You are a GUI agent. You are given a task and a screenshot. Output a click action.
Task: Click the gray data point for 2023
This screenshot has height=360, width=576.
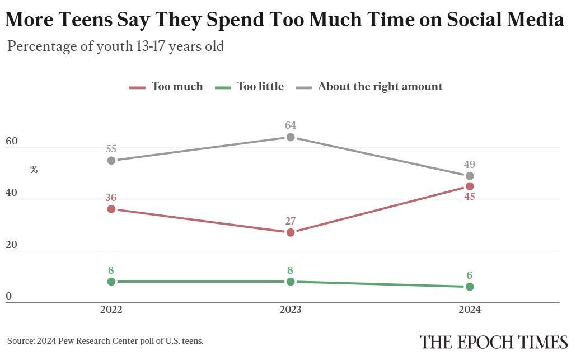(x=291, y=137)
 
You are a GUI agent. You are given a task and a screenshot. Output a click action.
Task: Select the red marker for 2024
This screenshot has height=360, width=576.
(x=470, y=186)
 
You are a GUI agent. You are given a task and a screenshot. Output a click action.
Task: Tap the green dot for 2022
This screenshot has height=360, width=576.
(x=111, y=282)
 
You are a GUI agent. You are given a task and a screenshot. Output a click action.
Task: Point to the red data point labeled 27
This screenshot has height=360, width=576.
(x=291, y=232)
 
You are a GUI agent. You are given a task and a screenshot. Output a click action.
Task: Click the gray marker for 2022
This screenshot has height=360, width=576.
(x=111, y=160)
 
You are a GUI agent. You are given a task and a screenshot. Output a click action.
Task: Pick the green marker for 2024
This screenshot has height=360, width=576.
(x=470, y=287)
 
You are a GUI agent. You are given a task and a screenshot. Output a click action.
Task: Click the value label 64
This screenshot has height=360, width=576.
(x=291, y=125)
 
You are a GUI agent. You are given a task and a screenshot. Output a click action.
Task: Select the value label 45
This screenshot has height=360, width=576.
(x=470, y=197)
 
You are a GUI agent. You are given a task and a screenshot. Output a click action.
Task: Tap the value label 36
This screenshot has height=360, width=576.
(x=111, y=197)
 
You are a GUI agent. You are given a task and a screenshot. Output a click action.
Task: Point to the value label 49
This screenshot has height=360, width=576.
(x=470, y=165)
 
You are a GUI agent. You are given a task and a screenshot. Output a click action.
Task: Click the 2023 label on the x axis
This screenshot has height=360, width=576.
(x=291, y=310)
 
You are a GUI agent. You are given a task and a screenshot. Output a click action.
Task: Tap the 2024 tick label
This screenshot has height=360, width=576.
(x=470, y=310)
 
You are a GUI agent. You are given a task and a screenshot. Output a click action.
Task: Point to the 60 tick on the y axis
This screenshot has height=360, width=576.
(x=12, y=142)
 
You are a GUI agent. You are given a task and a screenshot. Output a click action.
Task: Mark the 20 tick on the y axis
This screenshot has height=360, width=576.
(x=12, y=245)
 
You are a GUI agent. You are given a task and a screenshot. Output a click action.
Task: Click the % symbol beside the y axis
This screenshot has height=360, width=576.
(x=34, y=170)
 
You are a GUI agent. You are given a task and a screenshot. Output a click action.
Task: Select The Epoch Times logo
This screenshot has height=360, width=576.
(x=494, y=342)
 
